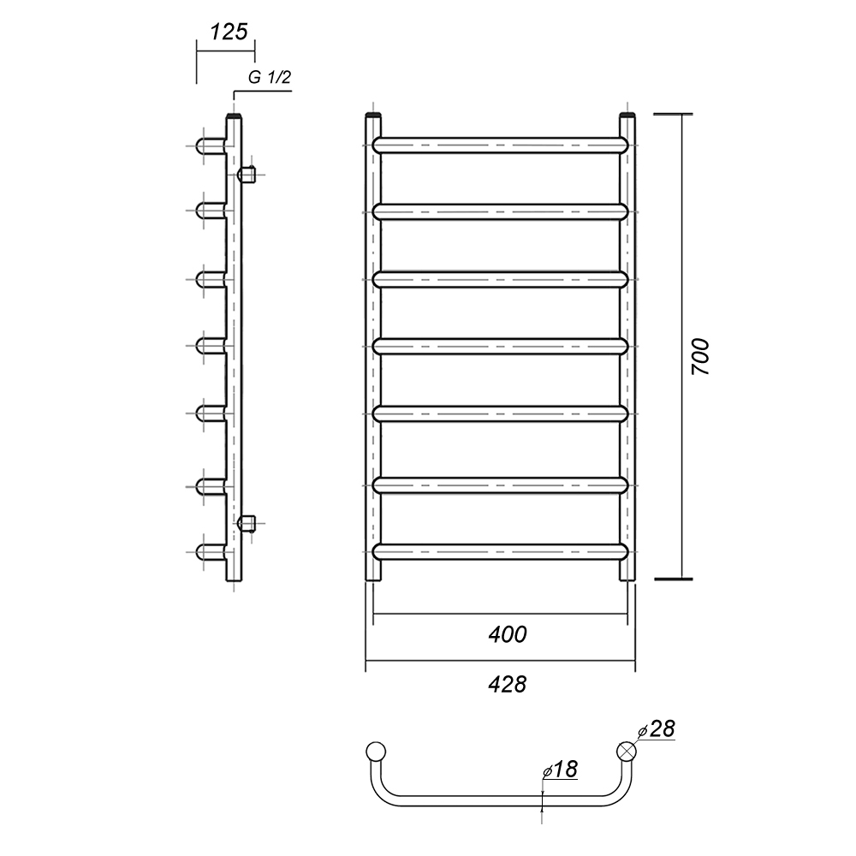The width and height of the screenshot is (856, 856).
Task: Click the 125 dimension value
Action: click(x=229, y=33)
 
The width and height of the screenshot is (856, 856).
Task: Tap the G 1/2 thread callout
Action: click(x=270, y=78)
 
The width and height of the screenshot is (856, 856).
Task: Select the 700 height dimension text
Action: click(x=700, y=356)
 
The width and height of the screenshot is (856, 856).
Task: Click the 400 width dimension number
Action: click(x=508, y=634)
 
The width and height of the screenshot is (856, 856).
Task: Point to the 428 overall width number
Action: click(x=508, y=684)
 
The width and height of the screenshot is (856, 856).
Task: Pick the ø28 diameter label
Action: click(x=657, y=729)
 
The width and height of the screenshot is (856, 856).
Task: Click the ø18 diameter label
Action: click(x=560, y=770)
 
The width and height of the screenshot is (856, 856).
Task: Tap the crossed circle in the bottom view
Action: click(x=627, y=752)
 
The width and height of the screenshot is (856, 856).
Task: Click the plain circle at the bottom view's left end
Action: click(x=376, y=752)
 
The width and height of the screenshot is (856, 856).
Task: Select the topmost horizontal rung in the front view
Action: click(x=501, y=145)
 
